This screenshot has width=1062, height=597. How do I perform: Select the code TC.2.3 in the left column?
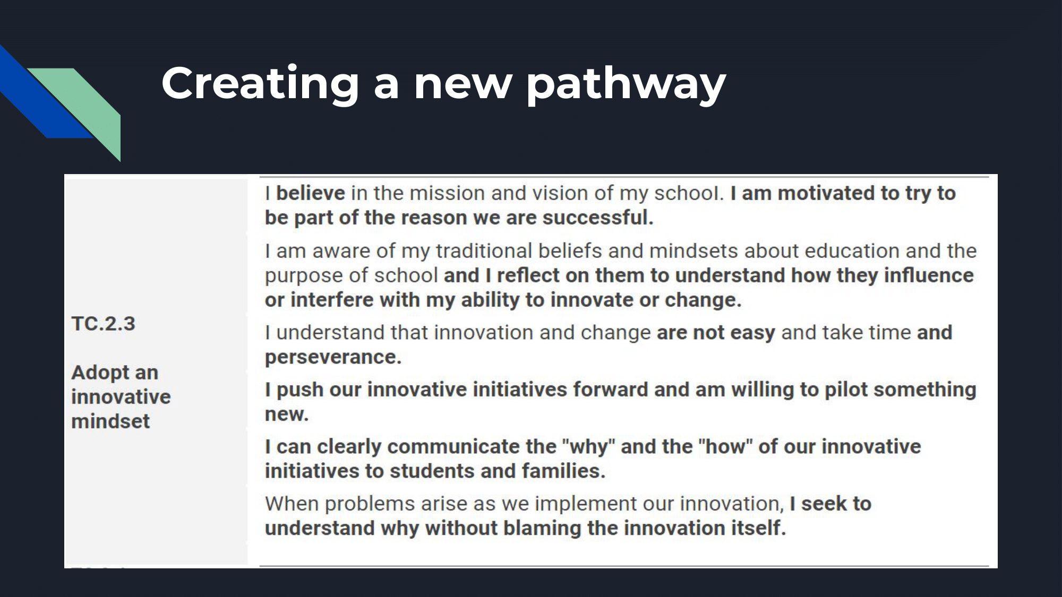(104, 324)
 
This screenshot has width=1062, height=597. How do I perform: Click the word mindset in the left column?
(110, 421)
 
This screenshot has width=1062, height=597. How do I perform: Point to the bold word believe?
(311, 193)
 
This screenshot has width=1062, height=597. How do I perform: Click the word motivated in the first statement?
(826, 193)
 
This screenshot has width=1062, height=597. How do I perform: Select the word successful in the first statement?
(597, 218)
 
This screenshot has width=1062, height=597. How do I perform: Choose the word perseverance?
(333, 358)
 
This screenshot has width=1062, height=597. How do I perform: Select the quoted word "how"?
(725, 447)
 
